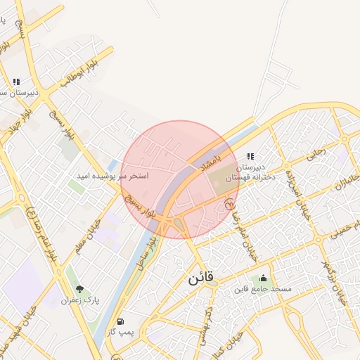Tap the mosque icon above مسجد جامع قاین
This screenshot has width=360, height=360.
point(264,278)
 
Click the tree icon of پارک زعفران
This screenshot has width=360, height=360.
point(79,289)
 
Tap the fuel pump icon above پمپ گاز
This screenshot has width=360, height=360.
point(121,320)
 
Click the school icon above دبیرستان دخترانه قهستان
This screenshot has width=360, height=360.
point(250,157)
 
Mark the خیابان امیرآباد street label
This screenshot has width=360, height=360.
point(301,193)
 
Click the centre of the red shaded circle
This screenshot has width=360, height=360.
point(180,179)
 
